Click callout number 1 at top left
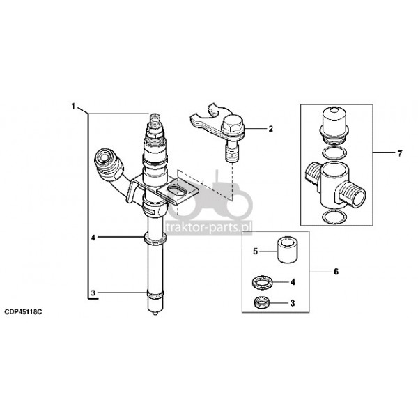click(73, 107)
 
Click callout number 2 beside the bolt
click(271, 129)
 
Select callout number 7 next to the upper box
click(399, 153)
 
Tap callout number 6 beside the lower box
click(336, 272)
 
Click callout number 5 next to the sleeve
click(256, 251)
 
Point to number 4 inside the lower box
click(293, 281)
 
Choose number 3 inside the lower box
click(293, 303)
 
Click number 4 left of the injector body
click(93, 238)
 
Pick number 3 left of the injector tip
click(93, 293)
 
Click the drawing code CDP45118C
click(23, 312)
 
